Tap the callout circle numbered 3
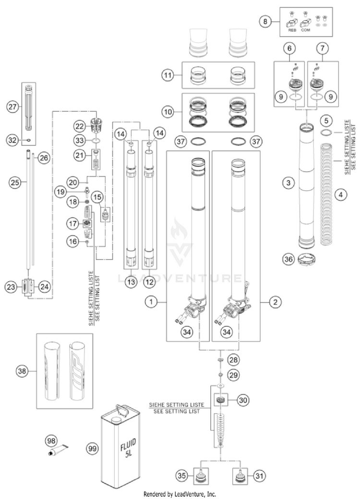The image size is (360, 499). click(288, 183)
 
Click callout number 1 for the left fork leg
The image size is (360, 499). click(152, 302)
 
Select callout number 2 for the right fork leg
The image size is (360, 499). click(275, 302)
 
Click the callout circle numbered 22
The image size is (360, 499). click(79, 125)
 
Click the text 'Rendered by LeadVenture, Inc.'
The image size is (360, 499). click(180, 494)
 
